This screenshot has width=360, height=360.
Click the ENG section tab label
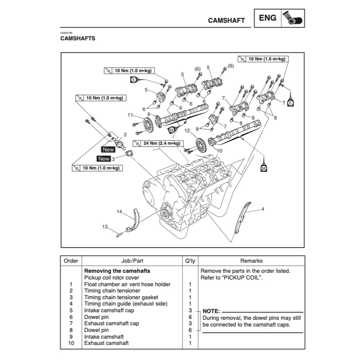(268, 18)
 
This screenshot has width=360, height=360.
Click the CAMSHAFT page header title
(226, 21)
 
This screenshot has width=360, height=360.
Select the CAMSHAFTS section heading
(78, 39)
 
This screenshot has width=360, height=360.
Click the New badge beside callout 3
(104, 159)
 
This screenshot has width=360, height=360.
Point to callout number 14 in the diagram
(119, 212)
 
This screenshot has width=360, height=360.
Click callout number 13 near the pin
(105, 227)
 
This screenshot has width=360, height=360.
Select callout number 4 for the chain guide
(263, 209)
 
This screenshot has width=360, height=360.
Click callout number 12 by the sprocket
(187, 130)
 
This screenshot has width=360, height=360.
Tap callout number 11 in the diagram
(130, 115)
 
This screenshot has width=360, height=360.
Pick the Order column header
(71, 261)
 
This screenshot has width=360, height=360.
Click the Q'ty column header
(190, 261)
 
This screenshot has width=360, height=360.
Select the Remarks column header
(251, 261)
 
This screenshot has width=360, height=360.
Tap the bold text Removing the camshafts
(117, 271)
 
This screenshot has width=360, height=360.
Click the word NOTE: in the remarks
(211, 311)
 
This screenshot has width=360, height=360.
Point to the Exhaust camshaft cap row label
(112, 323)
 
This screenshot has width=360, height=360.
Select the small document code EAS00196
(66, 33)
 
